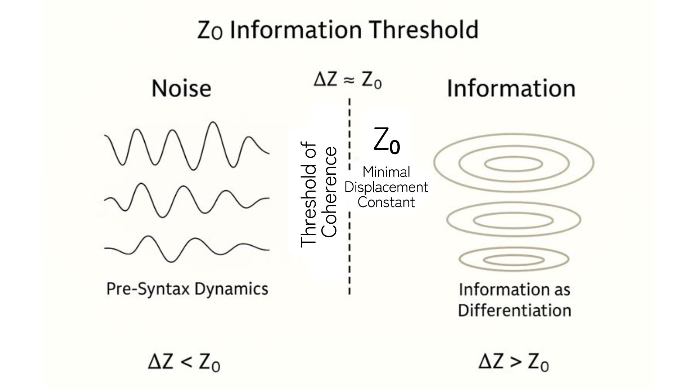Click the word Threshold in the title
(425, 30)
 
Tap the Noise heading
(181, 89)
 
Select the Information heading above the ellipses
(511, 89)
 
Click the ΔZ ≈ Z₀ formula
(347, 81)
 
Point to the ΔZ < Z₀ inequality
(184, 362)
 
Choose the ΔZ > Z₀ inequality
(514, 362)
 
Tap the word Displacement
(386, 187)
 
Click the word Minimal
(386, 172)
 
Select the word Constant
(386, 202)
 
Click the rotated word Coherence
(329, 192)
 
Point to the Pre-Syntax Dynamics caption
(187, 289)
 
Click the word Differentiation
(515, 310)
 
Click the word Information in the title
(295, 30)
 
